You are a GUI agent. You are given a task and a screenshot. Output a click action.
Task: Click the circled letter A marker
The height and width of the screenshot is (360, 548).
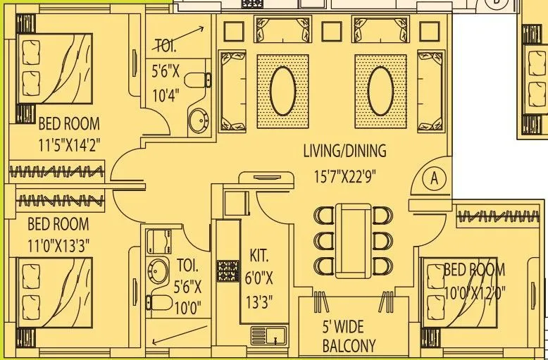pos(433,179)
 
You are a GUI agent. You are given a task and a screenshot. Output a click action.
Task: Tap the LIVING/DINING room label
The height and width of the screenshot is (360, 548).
pos(344,151)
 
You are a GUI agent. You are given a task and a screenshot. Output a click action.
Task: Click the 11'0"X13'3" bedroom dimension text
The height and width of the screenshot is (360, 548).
pos(58,247)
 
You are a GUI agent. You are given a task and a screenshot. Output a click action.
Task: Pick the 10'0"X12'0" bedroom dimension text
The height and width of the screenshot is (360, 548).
pos(474,290)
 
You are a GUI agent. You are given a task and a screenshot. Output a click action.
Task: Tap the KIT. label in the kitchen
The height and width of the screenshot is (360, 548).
pos(259,254)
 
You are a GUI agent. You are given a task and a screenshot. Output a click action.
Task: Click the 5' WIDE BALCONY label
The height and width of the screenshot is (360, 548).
pos(349,337)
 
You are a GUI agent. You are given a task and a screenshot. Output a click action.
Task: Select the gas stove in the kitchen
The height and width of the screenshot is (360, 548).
pos(228,270)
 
